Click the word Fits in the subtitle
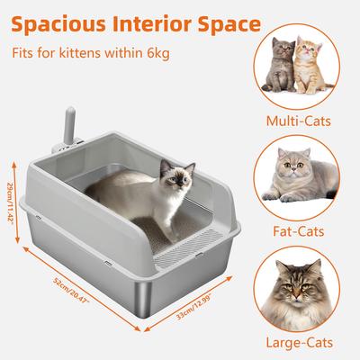click(24, 51)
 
